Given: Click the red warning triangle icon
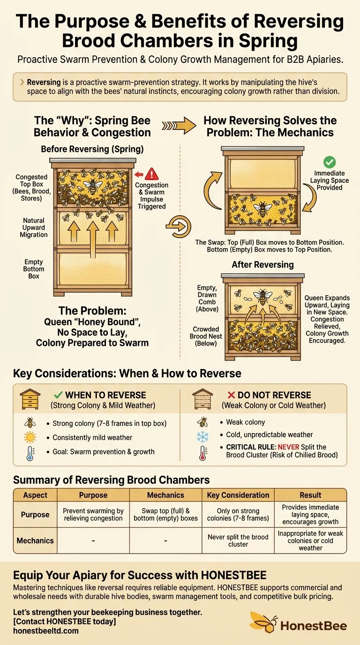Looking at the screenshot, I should (152, 174).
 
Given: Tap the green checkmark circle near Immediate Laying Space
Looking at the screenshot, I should (330, 162).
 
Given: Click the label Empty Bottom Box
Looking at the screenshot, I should (34, 269).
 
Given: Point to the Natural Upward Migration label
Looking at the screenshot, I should (34, 227).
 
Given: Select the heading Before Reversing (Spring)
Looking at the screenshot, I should (92, 149).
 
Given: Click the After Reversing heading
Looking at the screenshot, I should (262, 265).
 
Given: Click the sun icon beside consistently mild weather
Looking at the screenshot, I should (30, 437).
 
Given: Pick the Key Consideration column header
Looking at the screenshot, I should (238, 495).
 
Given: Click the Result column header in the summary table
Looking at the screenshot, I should (310, 495).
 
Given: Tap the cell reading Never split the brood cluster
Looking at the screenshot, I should (238, 540).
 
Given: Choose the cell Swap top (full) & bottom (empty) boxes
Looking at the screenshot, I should (166, 515).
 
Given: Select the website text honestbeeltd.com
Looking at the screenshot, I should (46, 630).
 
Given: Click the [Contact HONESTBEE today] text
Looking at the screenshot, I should (65, 622).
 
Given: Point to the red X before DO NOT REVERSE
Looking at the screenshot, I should (231, 395).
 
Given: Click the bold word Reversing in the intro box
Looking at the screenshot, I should (44, 82).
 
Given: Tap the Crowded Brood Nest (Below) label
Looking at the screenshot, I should (206, 336).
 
